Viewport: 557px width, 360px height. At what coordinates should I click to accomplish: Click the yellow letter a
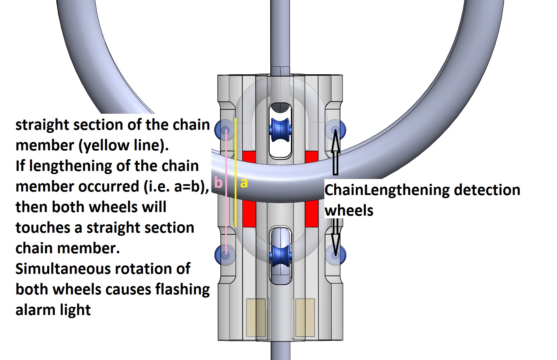click(x=244, y=183)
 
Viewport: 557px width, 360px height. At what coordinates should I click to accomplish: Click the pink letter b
click(x=218, y=182)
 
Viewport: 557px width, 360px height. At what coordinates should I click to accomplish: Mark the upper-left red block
click(x=249, y=157)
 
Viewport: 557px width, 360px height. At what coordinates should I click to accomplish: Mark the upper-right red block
click(x=311, y=157)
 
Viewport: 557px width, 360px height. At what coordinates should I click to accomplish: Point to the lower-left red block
click(x=249, y=213)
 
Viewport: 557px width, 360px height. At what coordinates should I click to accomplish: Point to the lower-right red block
click(x=311, y=213)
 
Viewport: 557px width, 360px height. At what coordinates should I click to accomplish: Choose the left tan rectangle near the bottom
click(x=256, y=317)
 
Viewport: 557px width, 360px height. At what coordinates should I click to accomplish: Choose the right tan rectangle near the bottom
click(x=305, y=317)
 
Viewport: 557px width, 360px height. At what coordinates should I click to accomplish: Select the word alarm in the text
click(x=38, y=310)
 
